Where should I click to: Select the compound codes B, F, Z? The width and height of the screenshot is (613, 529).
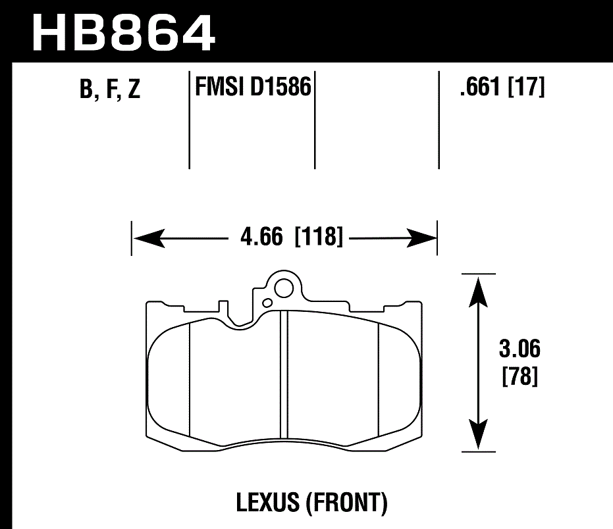(x=110, y=89)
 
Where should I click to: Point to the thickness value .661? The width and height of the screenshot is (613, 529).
(x=481, y=87)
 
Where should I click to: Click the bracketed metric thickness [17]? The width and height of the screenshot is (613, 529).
(x=526, y=87)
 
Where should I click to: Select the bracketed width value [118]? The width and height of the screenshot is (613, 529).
(x=320, y=237)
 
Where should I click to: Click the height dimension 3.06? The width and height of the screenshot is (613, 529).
(x=520, y=349)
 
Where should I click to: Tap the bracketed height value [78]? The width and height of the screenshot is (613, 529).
(x=520, y=377)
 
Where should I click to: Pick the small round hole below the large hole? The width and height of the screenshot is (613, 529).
(x=267, y=303)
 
